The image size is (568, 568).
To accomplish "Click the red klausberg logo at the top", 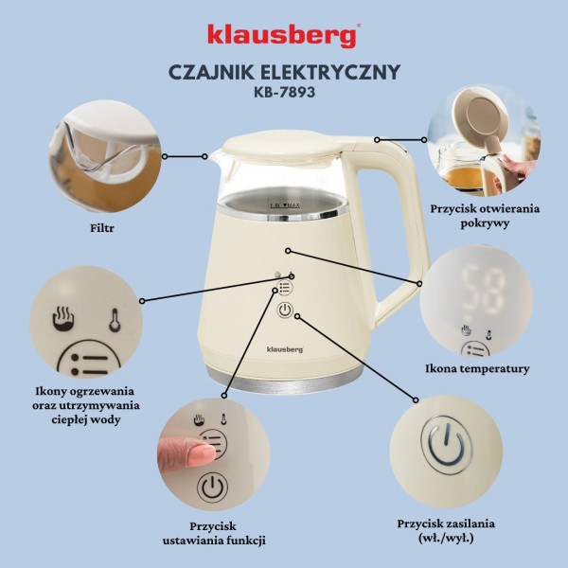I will (283, 35).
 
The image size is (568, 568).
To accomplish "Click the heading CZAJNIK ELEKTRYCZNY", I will (283, 72).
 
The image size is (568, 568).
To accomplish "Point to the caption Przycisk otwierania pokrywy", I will (484, 215).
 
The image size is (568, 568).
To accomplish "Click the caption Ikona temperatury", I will (478, 368).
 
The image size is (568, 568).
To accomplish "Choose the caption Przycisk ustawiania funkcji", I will (214, 531).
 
